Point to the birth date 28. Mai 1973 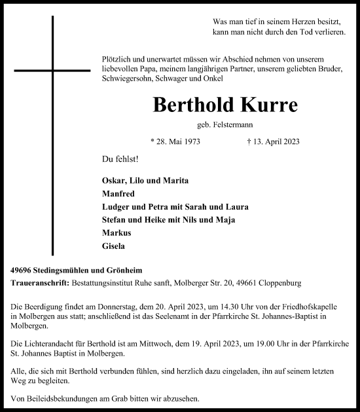175,141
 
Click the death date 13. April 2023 270,141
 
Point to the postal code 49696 24,271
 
